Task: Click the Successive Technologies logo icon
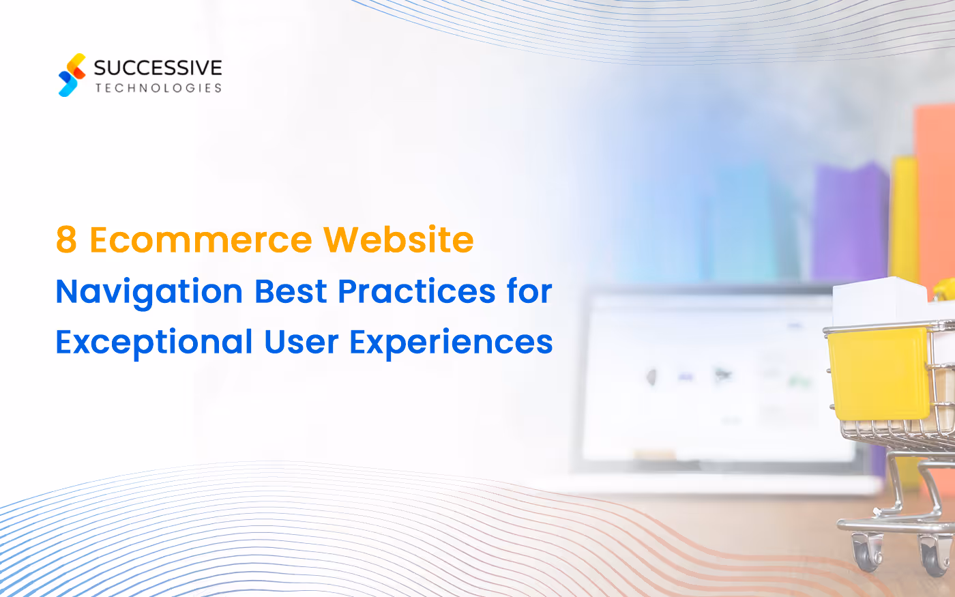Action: point(72,75)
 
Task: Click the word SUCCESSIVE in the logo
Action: point(158,68)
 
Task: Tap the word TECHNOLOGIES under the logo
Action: point(158,88)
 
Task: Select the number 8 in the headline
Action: point(66,240)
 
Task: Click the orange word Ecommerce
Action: point(201,240)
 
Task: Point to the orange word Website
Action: point(398,240)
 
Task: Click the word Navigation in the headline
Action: point(149,292)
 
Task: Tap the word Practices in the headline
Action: point(417,291)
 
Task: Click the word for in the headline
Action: point(529,291)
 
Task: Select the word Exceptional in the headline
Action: point(154,342)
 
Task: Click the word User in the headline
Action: point(301,342)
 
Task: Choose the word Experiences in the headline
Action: point(451,342)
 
